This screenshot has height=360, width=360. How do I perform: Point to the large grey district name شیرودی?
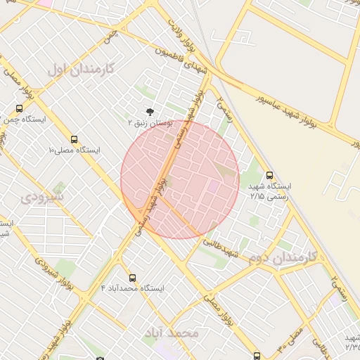pos(41,197)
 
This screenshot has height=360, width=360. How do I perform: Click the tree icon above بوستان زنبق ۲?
pos(149,112)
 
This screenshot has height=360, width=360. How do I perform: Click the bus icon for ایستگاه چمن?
pos(19,109)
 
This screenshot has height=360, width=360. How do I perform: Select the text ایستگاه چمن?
pos(25,120)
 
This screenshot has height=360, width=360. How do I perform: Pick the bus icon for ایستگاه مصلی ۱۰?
pos(74,139)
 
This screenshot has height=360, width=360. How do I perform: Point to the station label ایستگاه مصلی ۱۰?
pos(73,150)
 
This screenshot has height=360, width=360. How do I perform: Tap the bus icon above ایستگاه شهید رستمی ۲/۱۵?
pos(269,175)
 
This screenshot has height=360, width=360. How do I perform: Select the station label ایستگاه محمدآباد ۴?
pos(133,288)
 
